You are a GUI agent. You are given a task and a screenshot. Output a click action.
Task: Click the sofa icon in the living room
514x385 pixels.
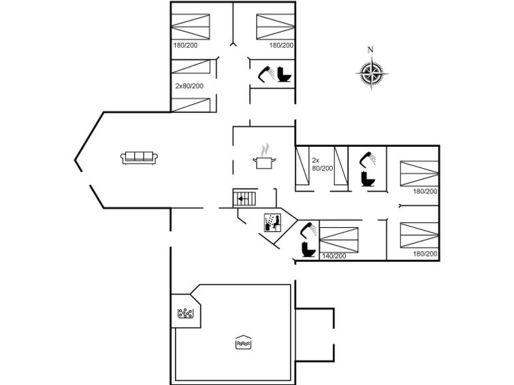140,158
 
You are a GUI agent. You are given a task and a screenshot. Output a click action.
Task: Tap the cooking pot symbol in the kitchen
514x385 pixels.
264,156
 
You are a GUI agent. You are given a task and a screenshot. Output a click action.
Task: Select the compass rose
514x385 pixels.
372,73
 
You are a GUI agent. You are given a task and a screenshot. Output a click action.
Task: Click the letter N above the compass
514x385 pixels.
370,50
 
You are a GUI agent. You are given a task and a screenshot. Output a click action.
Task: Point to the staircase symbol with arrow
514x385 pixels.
244,199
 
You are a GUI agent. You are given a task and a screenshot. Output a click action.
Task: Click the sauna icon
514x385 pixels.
273,223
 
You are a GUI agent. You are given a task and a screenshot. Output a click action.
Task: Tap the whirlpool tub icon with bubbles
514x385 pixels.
186,314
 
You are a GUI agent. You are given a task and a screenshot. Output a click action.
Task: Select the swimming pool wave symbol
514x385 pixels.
243,342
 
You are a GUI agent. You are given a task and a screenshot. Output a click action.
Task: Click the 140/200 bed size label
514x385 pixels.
334,256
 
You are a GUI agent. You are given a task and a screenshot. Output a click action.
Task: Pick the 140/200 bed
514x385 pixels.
339,240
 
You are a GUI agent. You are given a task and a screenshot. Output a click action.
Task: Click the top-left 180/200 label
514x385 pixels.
185,45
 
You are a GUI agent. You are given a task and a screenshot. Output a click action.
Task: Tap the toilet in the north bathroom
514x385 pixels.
284,74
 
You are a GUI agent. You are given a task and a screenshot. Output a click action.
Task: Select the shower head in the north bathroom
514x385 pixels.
266,73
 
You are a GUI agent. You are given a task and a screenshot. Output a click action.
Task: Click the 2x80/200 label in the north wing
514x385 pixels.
189,86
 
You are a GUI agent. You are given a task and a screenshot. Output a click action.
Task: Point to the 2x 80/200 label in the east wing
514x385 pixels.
322,164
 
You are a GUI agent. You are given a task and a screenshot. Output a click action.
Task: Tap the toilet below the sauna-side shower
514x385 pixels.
308,250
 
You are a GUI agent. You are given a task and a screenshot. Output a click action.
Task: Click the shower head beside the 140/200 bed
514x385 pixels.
308,230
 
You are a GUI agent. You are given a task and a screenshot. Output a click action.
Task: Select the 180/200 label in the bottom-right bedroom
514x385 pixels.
425,254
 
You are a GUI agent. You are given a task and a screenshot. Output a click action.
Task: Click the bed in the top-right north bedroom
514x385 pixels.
275,27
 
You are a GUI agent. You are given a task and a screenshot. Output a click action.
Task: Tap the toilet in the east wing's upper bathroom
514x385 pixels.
368,179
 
